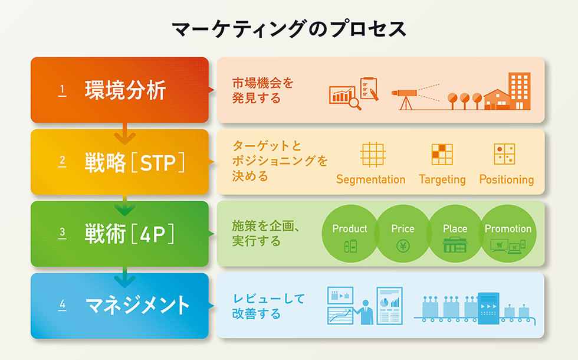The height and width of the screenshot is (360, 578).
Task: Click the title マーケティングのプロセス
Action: click(x=289, y=29)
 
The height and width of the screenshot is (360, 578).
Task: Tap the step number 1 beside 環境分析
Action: click(x=63, y=90)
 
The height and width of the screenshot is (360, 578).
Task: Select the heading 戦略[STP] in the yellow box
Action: click(x=135, y=162)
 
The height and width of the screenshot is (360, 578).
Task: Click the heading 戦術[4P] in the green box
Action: click(x=129, y=234)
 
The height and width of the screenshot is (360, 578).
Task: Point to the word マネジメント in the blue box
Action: click(x=137, y=305)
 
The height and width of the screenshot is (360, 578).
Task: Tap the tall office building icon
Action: click(x=520, y=91)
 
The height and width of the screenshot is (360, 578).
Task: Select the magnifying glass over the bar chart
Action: click(x=354, y=103)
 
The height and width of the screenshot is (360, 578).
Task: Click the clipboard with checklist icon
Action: click(x=369, y=89)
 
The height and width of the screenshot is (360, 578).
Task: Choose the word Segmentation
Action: click(x=370, y=179)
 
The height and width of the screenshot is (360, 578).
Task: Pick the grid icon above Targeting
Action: click(x=442, y=154)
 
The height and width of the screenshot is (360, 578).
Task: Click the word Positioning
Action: click(x=507, y=179)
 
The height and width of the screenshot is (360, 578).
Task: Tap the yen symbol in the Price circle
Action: click(x=403, y=246)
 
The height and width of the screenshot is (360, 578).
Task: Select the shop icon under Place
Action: click(x=455, y=246)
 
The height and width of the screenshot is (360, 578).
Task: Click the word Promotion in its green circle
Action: click(x=508, y=229)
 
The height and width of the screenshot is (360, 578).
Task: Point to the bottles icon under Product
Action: click(x=350, y=246)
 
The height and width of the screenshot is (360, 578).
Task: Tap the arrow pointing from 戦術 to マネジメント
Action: click(x=124, y=277)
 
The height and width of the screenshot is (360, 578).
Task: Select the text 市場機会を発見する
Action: click(x=262, y=91)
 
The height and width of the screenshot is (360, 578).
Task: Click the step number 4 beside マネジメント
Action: click(x=63, y=305)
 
